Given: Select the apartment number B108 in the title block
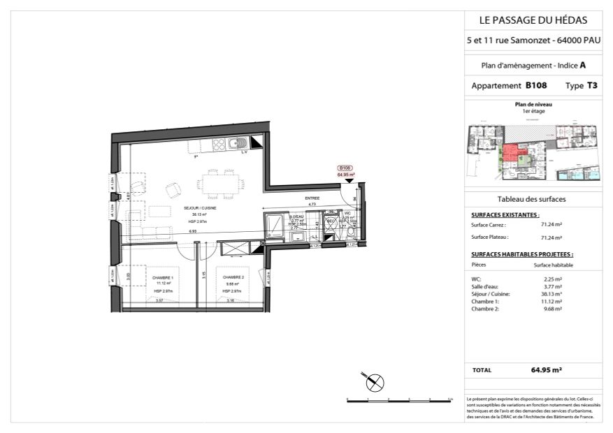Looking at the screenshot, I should click(x=536, y=85).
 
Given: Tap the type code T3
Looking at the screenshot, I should click(x=591, y=85).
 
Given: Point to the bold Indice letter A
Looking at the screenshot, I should click(x=582, y=65).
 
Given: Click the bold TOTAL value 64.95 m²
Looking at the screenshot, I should click(x=547, y=370).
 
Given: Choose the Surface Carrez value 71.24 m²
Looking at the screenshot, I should click(x=551, y=225).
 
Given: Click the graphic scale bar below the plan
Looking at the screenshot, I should click(x=399, y=400).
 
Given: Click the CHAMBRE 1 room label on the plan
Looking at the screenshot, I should click(x=164, y=278).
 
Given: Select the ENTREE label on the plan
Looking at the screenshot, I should click(x=312, y=199).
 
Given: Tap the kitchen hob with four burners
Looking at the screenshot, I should click(x=217, y=145).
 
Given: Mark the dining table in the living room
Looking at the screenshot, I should click(x=219, y=184).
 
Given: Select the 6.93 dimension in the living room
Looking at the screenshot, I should click(x=192, y=230).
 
